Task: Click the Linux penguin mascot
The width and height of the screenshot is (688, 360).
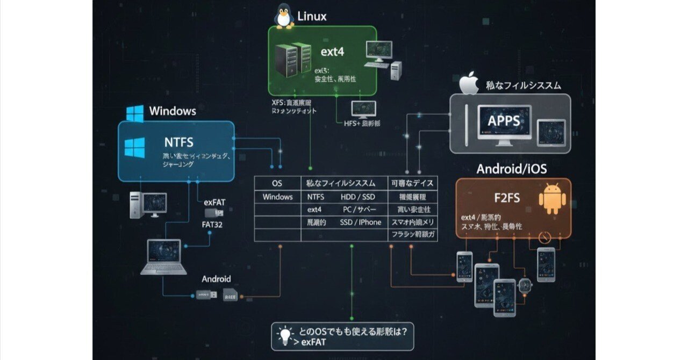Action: (284, 16)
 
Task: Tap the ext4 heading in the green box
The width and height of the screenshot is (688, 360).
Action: (332, 52)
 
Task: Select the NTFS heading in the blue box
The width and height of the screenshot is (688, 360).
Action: (178, 142)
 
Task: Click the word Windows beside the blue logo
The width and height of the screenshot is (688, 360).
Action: (173, 111)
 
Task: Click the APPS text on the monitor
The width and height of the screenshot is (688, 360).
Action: (504, 120)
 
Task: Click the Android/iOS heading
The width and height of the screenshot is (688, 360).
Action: (511, 169)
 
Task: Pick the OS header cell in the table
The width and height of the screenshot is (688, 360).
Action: (277, 183)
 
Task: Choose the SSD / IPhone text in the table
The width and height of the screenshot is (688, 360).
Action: (360, 222)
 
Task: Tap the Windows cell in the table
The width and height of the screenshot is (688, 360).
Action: (277, 197)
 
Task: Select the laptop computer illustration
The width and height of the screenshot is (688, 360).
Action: (164, 257)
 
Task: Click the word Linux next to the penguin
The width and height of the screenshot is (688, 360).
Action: (312, 17)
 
